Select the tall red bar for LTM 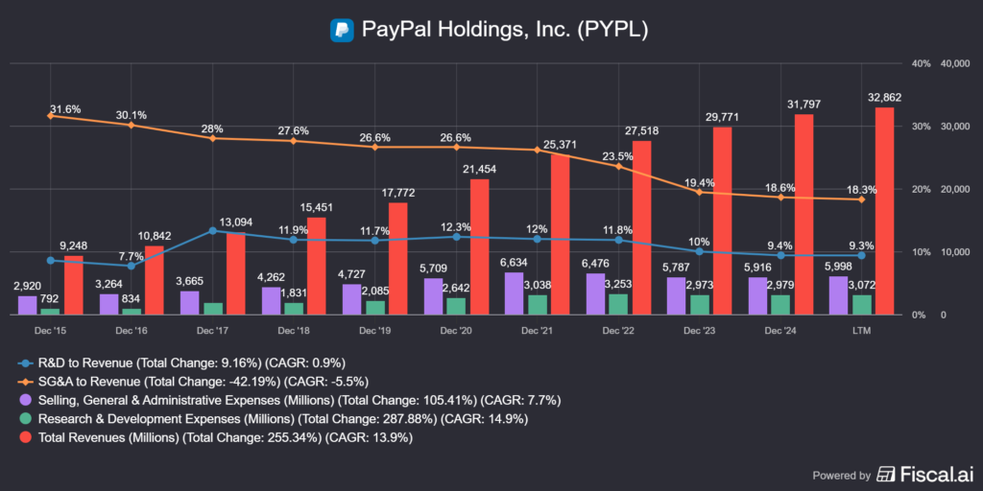[884, 211]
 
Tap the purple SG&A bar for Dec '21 [515, 293]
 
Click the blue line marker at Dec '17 [212, 231]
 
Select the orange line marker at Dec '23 [699, 192]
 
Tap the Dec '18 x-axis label [293, 329]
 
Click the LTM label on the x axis [861, 329]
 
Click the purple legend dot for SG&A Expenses [27, 400]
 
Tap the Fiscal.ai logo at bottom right [922, 473]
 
